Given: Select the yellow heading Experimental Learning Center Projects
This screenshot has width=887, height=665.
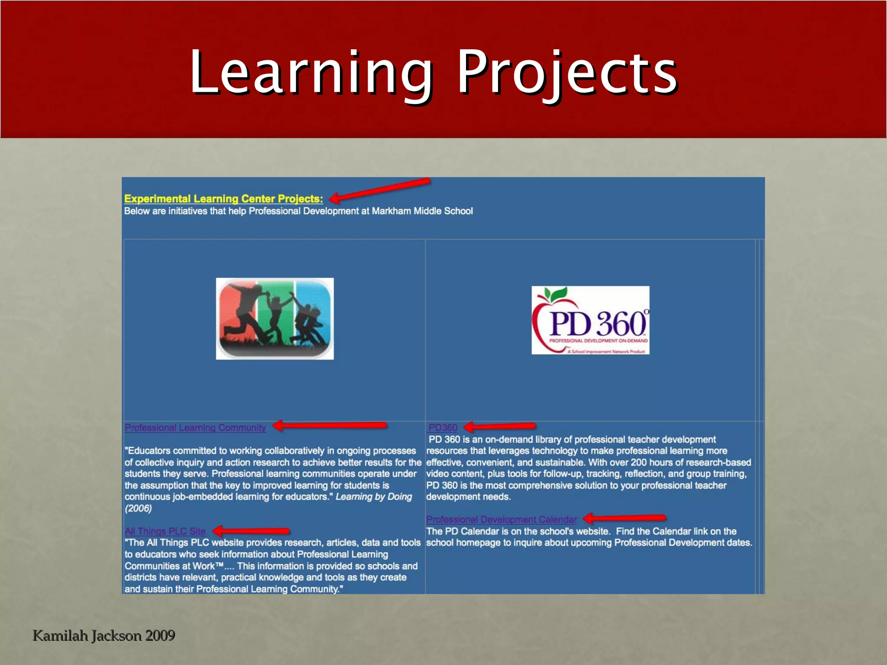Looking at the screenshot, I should tap(223, 199).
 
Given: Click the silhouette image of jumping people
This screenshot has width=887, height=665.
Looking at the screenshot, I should tap(275, 318).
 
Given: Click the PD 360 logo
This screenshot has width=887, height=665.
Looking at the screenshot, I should tap(590, 320).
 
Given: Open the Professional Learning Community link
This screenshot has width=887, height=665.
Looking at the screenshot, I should tap(195, 428).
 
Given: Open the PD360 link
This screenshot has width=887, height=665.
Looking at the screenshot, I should tap(443, 428).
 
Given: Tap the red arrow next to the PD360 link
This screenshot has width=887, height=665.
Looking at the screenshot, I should tap(500, 427).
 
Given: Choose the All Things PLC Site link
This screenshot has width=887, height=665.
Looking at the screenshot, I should tap(165, 531).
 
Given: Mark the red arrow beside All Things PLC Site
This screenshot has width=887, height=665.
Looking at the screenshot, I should tap(251, 531).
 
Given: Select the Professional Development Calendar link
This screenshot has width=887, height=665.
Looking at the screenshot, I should tap(502, 520).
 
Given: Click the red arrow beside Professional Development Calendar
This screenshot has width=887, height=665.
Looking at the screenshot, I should tap(625, 518).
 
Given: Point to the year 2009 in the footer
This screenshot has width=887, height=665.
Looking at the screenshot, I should tap(160, 636).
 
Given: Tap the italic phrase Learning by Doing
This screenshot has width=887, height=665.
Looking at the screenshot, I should tap(374, 497).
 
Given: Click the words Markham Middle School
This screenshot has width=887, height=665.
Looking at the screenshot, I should tap(422, 211).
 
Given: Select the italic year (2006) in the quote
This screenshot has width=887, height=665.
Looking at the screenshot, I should tap(138, 508).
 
